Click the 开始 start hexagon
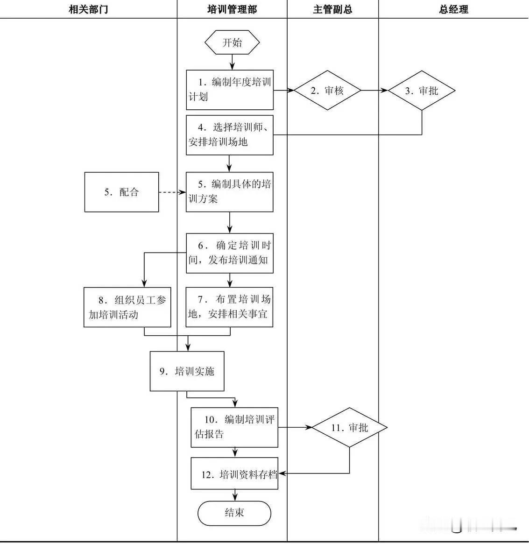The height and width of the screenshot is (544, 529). (x=232, y=43)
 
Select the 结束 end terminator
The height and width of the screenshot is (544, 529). (x=234, y=513)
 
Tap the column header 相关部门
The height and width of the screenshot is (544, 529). (x=88, y=9)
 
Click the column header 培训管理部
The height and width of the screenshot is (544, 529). (x=232, y=9)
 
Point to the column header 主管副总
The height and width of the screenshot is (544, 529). (x=332, y=9)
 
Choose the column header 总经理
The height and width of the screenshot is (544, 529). (x=453, y=9)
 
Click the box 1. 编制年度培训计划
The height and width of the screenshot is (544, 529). (x=230, y=90)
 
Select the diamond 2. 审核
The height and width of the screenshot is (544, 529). (x=328, y=91)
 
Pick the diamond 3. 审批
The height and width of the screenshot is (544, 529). (x=422, y=91)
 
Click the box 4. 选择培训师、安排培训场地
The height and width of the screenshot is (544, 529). (x=230, y=135)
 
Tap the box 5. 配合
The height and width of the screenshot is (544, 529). (x=121, y=192)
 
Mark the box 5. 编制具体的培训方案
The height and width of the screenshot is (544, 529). (x=230, y=192)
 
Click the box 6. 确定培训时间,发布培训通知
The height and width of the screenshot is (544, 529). (x=230, y=253)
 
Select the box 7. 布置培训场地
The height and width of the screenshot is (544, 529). (x=230, y=307)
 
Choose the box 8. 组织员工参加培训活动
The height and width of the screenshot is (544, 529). (x=127, y=307)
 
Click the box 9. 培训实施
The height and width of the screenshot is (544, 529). (x=187, y=371)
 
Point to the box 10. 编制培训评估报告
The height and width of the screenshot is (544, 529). (x=234, y=427)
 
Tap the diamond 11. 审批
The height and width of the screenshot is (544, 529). (x=350, y=427)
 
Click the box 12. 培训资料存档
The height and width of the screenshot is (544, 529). (x=234, y=473)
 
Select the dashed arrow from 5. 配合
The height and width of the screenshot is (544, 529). (x=172, y=192)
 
